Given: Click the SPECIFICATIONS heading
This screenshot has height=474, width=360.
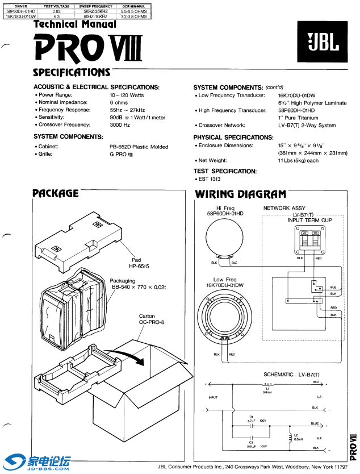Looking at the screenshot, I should (x=72, y=72).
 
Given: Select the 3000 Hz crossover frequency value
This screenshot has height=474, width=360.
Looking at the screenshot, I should (x=120, y=124).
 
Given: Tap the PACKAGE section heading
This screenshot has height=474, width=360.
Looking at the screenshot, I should (x=56, y=194).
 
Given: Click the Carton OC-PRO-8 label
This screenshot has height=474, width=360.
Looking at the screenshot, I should (x=151, y=319).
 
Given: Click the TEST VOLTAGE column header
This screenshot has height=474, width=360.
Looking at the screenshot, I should (x=56, y=6).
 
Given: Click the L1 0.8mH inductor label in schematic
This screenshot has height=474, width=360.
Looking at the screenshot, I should (x=251, y=390).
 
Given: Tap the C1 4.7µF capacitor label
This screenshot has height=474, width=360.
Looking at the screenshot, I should (x=251, y=421).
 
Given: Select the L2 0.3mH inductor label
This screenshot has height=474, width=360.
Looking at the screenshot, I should (x=297, y=437).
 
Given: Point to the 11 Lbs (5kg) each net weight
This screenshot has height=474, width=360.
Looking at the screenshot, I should (x=298, y=161).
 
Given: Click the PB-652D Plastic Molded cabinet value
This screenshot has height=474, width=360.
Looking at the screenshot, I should (x=139, y=147).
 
